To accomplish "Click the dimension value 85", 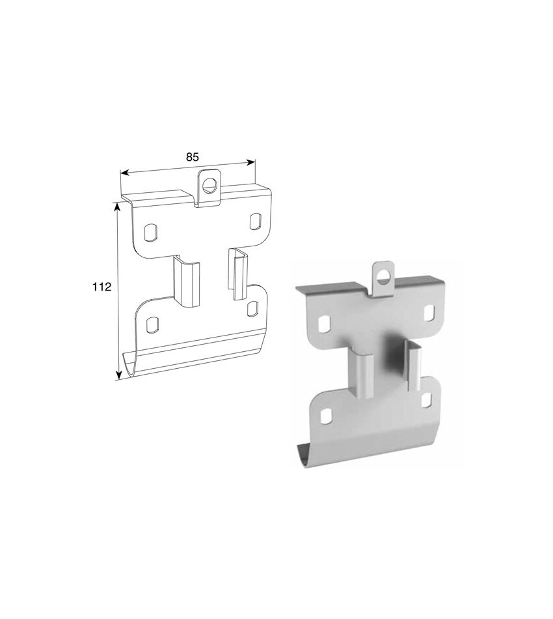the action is click(x=192, y=157).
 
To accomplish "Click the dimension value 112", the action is click(x=101, y=287).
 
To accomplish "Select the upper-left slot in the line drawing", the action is click(x=150, y=233).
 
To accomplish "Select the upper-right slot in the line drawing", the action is click(x=255, y=221).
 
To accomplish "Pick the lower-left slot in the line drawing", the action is click(x=152, y=324).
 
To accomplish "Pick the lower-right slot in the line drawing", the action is click(x=252, y=309).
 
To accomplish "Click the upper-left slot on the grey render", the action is click(x=324, y=324).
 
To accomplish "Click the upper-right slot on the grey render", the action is click(x=429, y=313).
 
